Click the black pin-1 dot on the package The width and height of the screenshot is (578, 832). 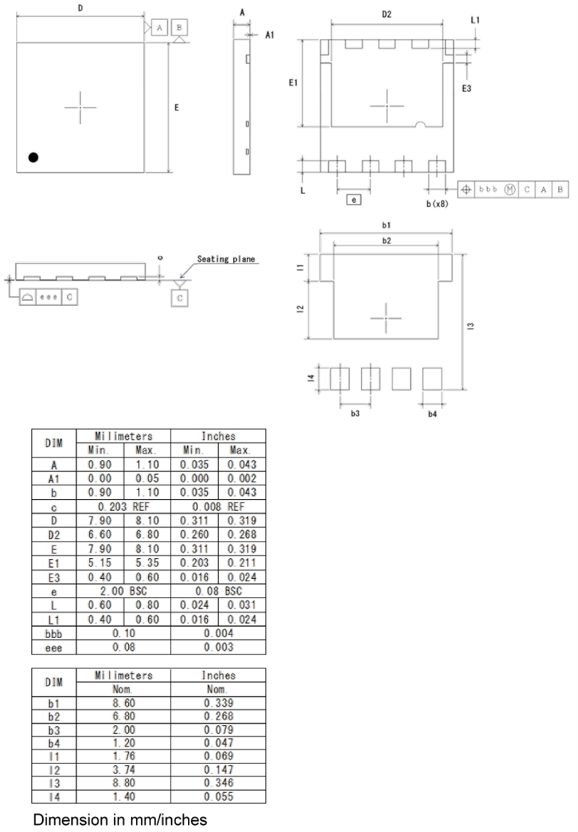(x=33, y=157)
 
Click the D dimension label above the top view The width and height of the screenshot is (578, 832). (x=80, y=8)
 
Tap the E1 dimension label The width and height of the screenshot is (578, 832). (x=293, y=83)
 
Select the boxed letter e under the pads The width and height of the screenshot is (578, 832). (x=353, y=200)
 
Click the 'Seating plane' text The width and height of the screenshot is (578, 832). (x=226, y=259)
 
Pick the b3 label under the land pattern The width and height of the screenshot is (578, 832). (x=355, y=413)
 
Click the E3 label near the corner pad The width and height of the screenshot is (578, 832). (x=467, y=88)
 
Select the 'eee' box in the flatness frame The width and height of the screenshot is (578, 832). (x=49, y=297)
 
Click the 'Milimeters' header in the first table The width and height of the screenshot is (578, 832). (x=123, y=436)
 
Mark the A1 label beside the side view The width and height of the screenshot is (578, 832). (x=270, y=35)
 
